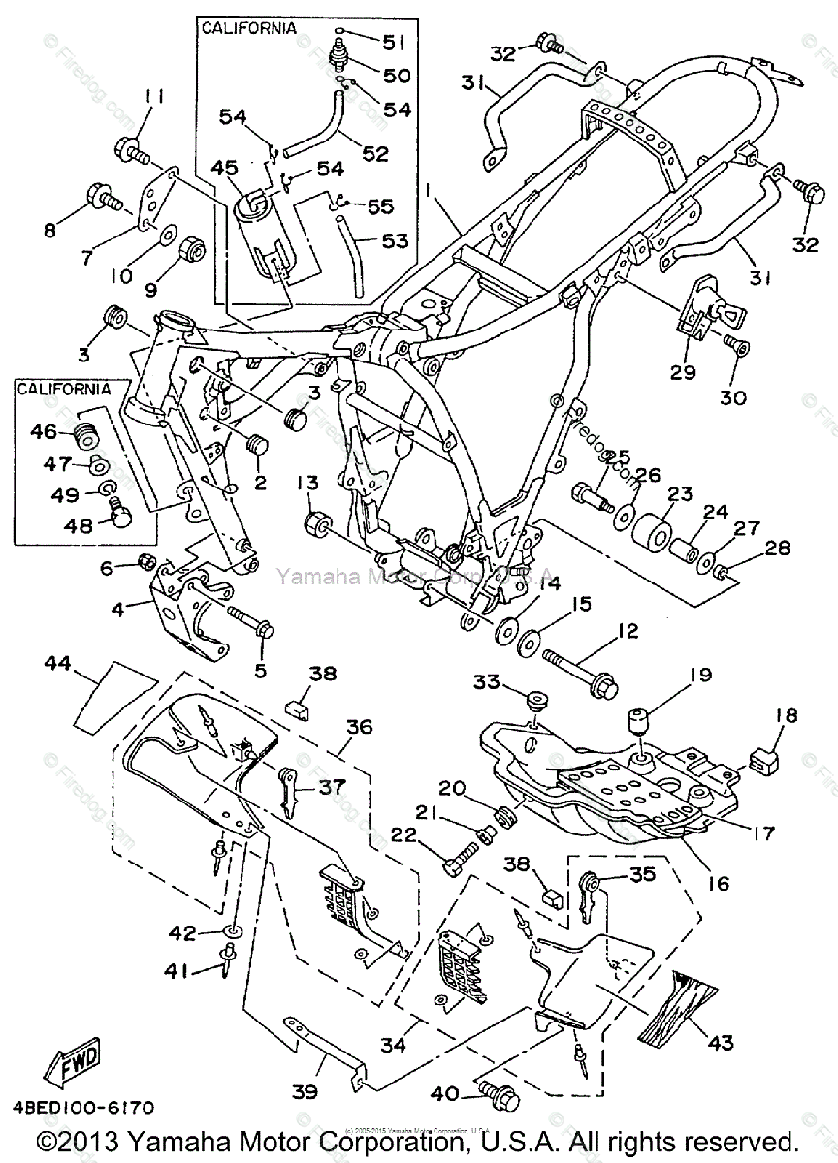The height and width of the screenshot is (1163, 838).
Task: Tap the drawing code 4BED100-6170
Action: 82,1107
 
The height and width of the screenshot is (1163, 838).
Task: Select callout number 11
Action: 155,97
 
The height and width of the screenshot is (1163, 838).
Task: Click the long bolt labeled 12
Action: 582,670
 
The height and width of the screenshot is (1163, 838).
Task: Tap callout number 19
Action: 700,675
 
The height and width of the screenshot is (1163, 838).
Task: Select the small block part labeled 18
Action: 766,757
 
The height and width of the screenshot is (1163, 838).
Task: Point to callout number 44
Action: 57,663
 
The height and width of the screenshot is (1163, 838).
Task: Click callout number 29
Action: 684,372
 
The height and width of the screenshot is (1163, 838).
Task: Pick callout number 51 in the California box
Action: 394,43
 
